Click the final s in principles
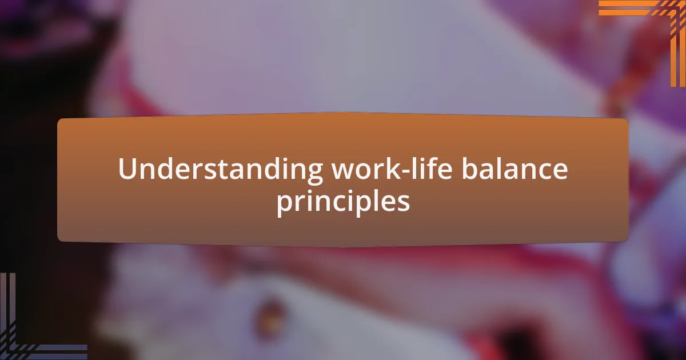[x=404, y=203]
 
